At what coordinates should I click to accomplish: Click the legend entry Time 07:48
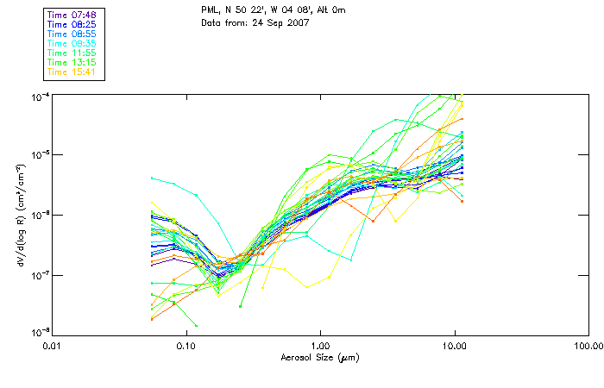(x=73, y=15)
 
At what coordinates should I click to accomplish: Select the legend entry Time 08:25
(x=73, y=24)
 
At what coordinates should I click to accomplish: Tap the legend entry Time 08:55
(x=73, y=34)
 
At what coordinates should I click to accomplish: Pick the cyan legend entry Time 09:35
(x=73, y=43)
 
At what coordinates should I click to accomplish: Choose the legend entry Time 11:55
(x=73, y=53)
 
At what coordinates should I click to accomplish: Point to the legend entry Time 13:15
(x=73, y=62)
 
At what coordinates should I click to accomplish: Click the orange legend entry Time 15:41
(x=73, y=72)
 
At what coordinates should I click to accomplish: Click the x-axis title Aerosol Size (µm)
(x=320, y=357)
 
